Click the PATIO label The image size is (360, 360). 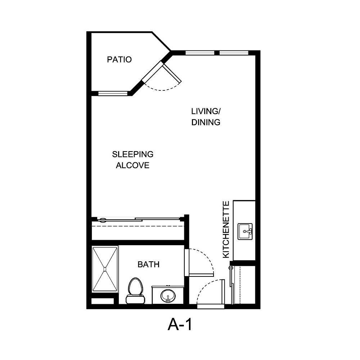(x=119, y=59)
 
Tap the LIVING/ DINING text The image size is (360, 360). (x=206, y=117)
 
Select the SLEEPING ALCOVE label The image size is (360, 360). (x=132, y=160)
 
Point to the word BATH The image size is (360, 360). (x=148, y=265)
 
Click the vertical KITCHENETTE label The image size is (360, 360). (x=226, y=229)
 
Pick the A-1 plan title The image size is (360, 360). (x=180, y=325)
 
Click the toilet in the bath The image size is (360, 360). (x=135, y=290)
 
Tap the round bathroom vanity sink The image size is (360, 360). (x=168, y=296)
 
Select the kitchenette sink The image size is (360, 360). (x=245, y=231)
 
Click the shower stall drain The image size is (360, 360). (x=105, y=269)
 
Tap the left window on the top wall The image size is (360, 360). (x=200, y=53)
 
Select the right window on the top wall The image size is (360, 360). (x=234, y=53)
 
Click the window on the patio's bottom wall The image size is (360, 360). (x=113, y=94)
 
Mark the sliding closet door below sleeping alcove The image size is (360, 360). (x=139, y=219)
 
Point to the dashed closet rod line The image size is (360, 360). (x=139, y=226)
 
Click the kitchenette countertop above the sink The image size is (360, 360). (x=244, y=211)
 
